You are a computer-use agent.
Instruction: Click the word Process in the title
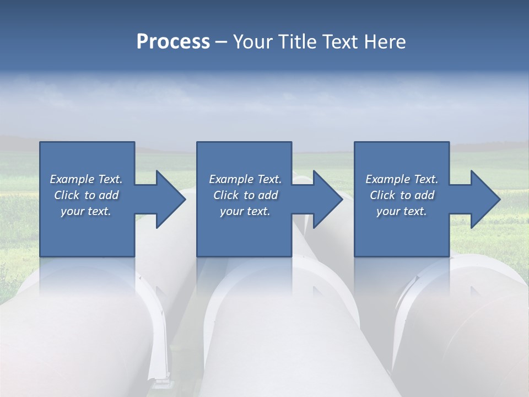tap(173, 42)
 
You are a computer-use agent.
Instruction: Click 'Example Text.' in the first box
tap(87, 179)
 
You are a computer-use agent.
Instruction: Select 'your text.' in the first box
tap(87, 211)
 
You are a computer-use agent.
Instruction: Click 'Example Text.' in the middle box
tap(245, 179)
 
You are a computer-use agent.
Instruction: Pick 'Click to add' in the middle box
tap(245, 195)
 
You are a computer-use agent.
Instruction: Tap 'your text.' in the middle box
tap(245, 211)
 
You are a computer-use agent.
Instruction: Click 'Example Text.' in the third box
tap(402, 179)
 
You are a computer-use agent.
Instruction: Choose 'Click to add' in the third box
tap(402, 195)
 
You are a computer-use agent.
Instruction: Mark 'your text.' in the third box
tap(402, 211)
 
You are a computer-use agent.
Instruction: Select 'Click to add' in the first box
tap(87, 195)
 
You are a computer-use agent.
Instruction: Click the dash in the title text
tap(222, 42)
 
